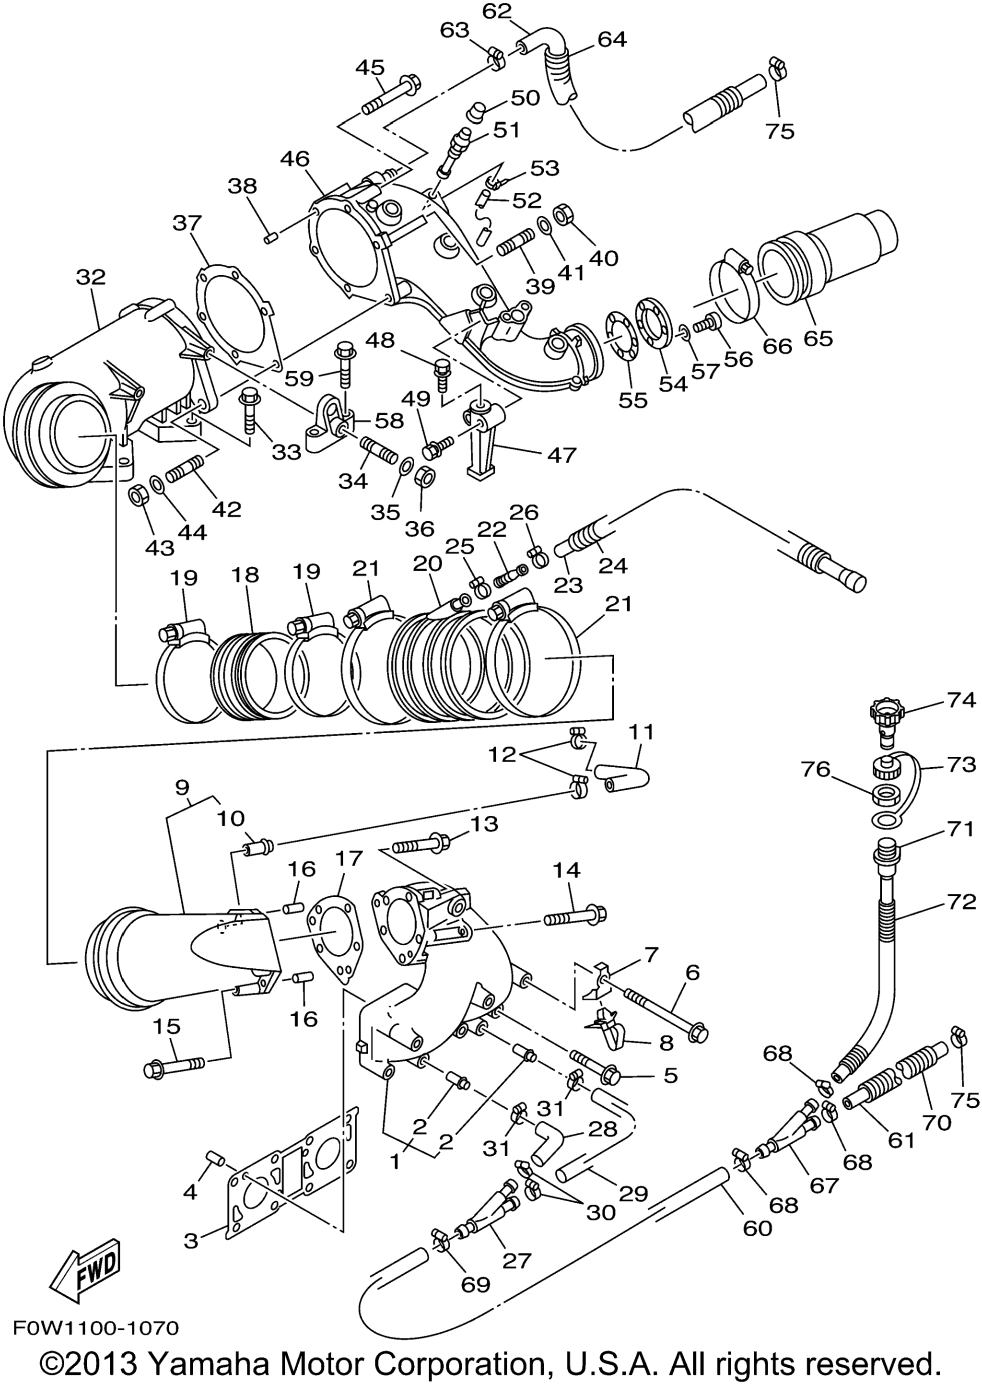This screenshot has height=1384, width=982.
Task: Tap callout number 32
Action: pos(91,278)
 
